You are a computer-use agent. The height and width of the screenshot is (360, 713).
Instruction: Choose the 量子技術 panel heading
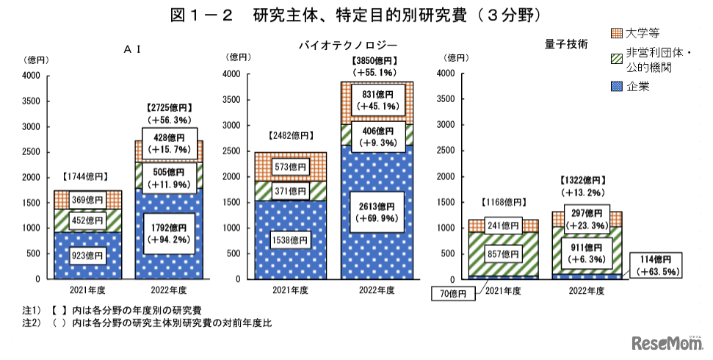[566, 43]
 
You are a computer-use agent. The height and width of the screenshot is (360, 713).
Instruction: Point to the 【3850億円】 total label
[375, 61]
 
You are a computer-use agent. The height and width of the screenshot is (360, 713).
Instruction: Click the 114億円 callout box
[656, 264]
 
